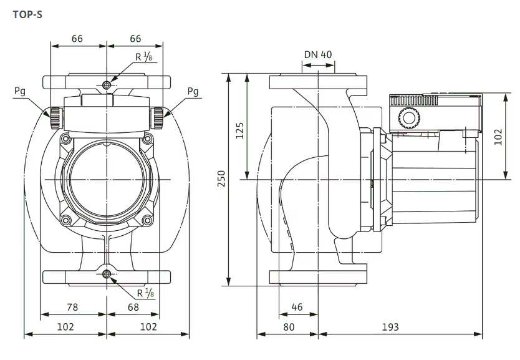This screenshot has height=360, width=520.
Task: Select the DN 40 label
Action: [318, 54]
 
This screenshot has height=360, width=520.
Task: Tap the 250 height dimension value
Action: [221, 178]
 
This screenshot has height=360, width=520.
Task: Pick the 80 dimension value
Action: [288, 326]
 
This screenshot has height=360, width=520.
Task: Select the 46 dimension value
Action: [297, 307]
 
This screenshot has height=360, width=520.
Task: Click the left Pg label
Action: [20, 91]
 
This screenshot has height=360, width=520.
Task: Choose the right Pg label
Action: [193, 91]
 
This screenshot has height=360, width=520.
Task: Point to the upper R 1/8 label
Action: [144, 57]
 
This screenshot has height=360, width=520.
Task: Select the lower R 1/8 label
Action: [144, 293]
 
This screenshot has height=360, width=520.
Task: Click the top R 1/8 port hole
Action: [107, 84]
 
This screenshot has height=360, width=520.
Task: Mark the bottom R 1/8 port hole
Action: [107, 275]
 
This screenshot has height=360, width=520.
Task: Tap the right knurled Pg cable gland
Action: [159, 115]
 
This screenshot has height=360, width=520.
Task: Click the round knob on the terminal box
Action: [408, 117]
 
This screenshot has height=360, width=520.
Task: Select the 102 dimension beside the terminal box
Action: [497, 136]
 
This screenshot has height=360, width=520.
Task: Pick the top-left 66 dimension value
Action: [77, 39]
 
